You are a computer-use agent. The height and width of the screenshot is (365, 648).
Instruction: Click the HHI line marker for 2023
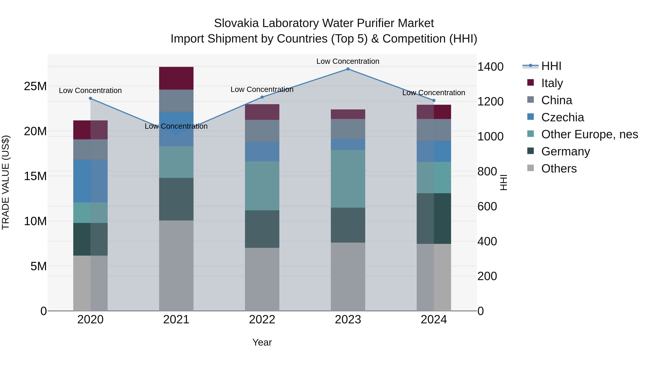(348, 69)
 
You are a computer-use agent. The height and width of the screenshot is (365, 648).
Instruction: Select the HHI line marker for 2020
(91, 98)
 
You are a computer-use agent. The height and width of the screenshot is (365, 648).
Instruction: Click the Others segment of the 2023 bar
(348, 276)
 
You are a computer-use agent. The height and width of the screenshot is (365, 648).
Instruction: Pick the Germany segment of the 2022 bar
(262, 229)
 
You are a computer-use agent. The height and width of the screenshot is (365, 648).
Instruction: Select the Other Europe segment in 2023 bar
(348, 179)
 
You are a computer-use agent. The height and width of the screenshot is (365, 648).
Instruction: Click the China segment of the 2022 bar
(262, 131)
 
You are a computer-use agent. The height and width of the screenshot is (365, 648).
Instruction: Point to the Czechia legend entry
(562, 117)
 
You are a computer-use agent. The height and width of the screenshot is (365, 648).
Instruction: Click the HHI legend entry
(551, 66)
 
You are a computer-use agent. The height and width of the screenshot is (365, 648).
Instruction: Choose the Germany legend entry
(566, 151)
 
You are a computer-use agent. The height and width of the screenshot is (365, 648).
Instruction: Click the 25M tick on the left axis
(35, 86)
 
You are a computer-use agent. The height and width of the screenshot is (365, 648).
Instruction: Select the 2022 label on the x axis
(262, 320)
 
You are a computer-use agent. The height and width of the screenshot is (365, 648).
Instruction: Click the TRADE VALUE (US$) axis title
(6, 183)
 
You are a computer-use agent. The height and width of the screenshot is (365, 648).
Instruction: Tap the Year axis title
(262, 342)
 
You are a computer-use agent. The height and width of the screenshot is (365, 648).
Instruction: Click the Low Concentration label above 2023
(348, 61)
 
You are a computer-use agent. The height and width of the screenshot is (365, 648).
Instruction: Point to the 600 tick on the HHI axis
(487, 206)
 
